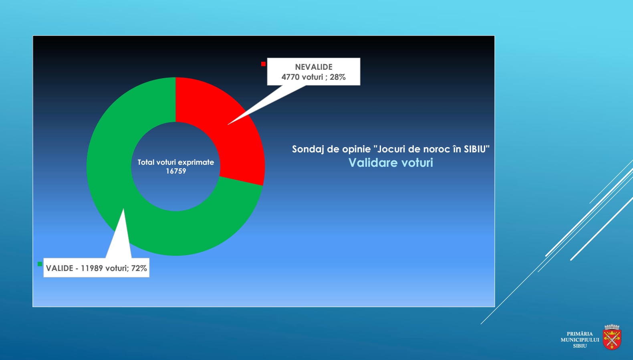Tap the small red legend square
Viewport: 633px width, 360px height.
coord(263,64)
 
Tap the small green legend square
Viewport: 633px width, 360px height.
coord(40,264)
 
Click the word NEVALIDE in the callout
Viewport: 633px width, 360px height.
coord(314,67)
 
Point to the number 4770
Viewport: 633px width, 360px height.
coord(290,77)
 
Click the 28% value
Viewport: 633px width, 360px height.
coord(337,77)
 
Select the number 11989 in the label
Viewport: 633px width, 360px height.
coord(92,268)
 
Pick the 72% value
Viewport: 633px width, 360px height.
coord(139,268)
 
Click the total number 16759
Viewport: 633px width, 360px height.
coord(176,171)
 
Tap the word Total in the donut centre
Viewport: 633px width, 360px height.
coord(146,162)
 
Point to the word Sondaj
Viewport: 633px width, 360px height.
coord(308,149)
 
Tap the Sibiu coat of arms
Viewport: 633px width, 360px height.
coord(612,337)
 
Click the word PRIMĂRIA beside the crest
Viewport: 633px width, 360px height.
coord(580,334)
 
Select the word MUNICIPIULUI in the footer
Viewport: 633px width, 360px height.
coord(580,340)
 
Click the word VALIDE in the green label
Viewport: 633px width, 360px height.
coord(59,268)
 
